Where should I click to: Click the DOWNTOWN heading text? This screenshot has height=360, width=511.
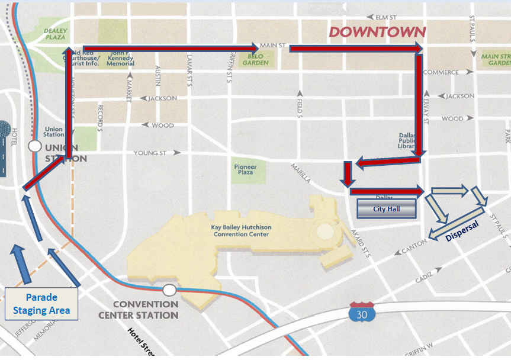pyautogui.click(x=377, y=32)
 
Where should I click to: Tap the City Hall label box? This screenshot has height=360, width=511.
pyautogui.click(x=387, y=209)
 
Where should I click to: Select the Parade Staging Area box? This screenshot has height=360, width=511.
pyautogui.click(x=41, y=304)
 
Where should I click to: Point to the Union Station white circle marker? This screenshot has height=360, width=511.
pyautogui.click(x=35, y=145)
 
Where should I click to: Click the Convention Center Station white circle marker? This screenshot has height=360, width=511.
pyautogui.click(x=170, y=290)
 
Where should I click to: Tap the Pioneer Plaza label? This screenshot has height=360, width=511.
pyautogui.click(x=245, y=169)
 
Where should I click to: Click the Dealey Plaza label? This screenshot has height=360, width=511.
pyautogui.click(x=55, y=34)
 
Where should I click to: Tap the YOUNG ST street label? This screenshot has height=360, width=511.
pyautogui.click(x=150, y=153)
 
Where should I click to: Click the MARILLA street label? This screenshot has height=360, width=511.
pyautogui.click(x=301, y=168)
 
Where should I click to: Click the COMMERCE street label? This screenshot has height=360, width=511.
pyautogui.click(x=441, y=72)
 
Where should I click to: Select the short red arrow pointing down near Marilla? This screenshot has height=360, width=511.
pyautogui.click(x=347, y=174)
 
